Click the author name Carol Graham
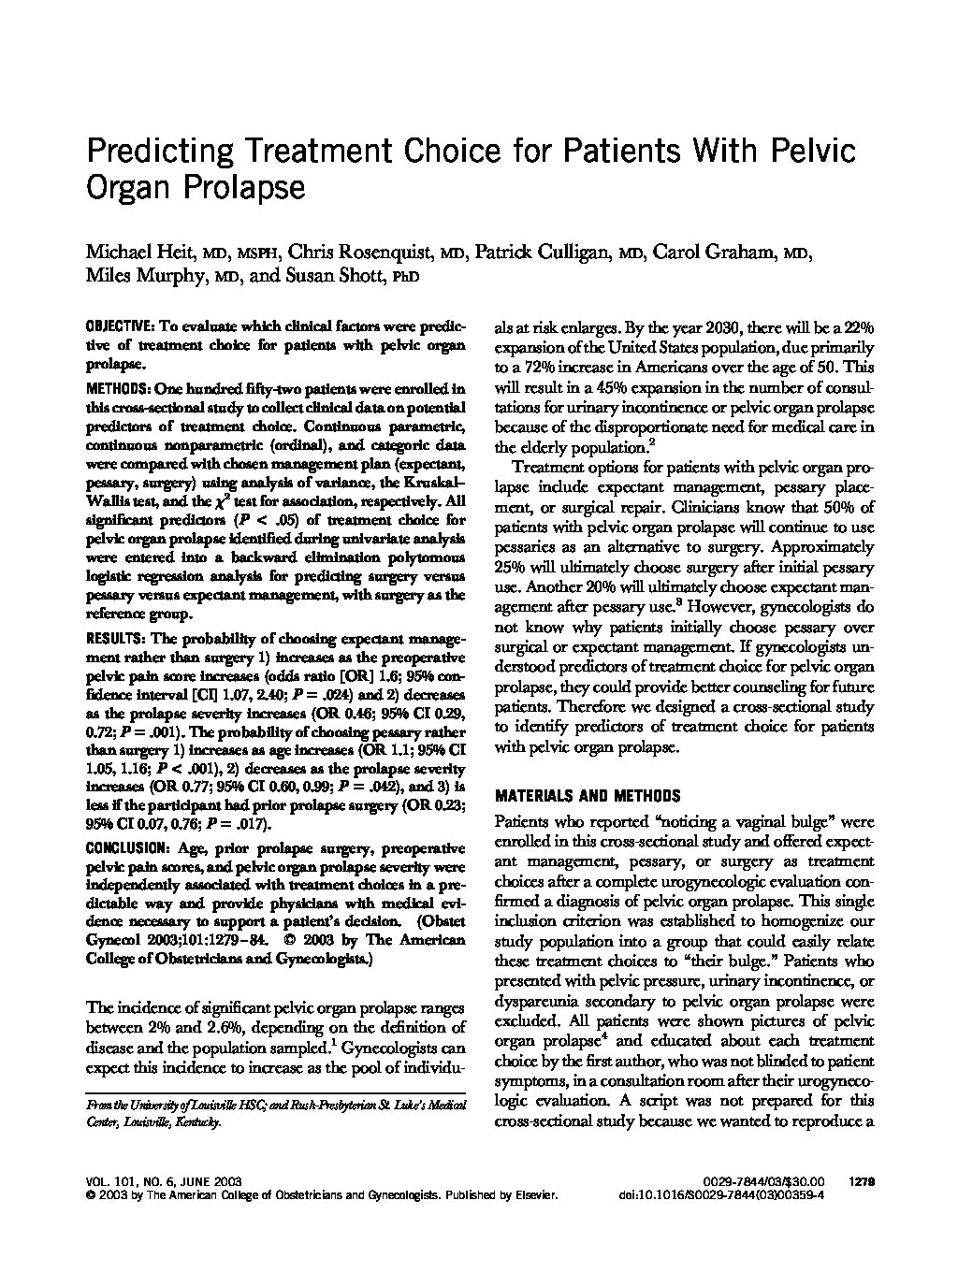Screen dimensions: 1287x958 (x=717, y=253)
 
